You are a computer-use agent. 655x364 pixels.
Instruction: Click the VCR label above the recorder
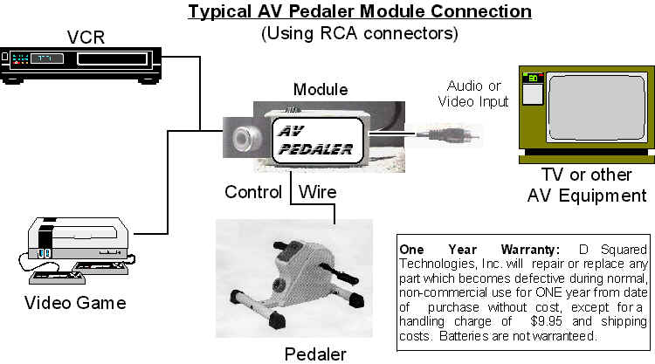click(86, 38)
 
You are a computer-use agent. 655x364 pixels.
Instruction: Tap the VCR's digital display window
click(47, 58)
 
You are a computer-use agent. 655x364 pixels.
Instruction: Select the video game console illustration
click(77, 251)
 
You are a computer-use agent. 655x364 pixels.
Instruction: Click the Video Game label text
click(75, 303)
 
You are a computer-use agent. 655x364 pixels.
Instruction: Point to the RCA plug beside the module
click(448, 134)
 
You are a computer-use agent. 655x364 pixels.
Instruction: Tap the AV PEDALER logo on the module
click(317, 141)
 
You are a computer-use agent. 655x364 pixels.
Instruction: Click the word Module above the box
click(321, 89)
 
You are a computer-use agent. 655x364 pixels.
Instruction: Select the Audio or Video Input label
click(473, 93)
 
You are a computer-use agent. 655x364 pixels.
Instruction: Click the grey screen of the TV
click(596, 107)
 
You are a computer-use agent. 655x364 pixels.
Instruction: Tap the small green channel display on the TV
click(533, 78)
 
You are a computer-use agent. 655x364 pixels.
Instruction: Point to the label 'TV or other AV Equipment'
click(587, 185)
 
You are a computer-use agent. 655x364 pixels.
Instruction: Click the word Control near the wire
click(253, 192)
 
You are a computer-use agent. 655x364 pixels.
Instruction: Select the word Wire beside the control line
click(318, 192)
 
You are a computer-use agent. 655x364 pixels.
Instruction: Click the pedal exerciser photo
click(294, 278)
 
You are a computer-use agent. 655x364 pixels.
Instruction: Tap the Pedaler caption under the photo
click(315, 354)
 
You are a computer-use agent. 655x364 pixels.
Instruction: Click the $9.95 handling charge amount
click(546, 321)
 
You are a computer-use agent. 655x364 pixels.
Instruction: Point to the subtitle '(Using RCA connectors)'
click(360, 33)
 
